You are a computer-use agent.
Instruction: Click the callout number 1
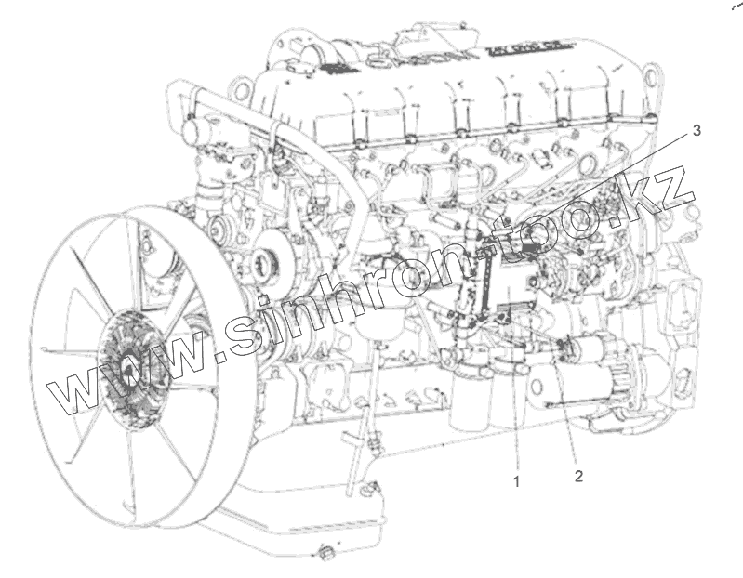(x=516, y=481)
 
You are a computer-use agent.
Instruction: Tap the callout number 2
(x=578, y=476)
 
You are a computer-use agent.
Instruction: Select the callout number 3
(x=697, y=130)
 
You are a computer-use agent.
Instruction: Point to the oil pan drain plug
(x=326, y=552)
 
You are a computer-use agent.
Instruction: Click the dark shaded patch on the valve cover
(x=337, y=68)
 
